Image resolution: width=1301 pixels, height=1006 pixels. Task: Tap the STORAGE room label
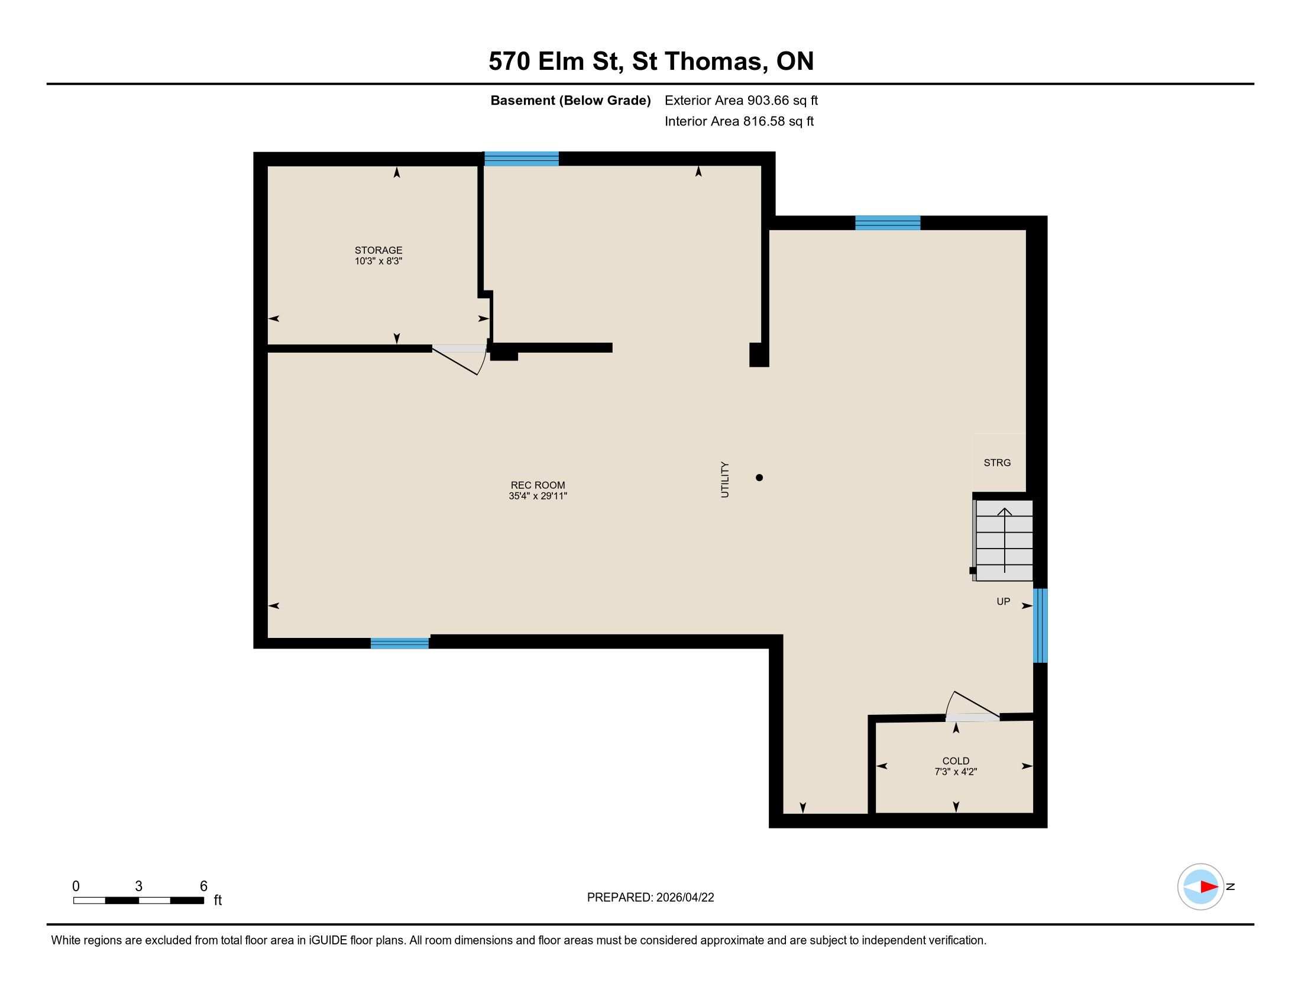(378, 250)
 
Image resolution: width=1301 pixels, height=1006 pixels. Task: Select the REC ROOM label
(538, 485)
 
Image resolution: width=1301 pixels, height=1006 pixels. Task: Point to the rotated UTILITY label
(725, 479)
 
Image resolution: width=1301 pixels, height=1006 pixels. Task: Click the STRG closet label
(997, 463)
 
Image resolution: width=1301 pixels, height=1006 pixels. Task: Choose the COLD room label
(956, 761)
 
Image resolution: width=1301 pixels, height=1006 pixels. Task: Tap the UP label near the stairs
(1003, 602)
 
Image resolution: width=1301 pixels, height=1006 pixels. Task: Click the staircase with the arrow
(1004, 540)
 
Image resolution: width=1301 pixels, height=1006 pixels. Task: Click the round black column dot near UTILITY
(759, 478)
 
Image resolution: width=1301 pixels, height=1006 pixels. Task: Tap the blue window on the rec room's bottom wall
(400, 643)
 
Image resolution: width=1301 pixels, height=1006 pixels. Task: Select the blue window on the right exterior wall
(1040, 625)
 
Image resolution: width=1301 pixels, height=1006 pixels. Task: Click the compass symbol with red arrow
(1200, 887)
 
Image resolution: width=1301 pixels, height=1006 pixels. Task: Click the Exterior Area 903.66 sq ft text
(741, 101)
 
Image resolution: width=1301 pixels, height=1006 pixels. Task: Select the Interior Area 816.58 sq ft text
(739, 121)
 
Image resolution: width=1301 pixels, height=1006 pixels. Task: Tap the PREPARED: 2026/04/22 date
(650, 898)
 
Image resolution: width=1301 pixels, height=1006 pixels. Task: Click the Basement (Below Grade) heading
(570, 101)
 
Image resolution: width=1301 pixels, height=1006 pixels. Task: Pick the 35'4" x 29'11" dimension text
(538, 496)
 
